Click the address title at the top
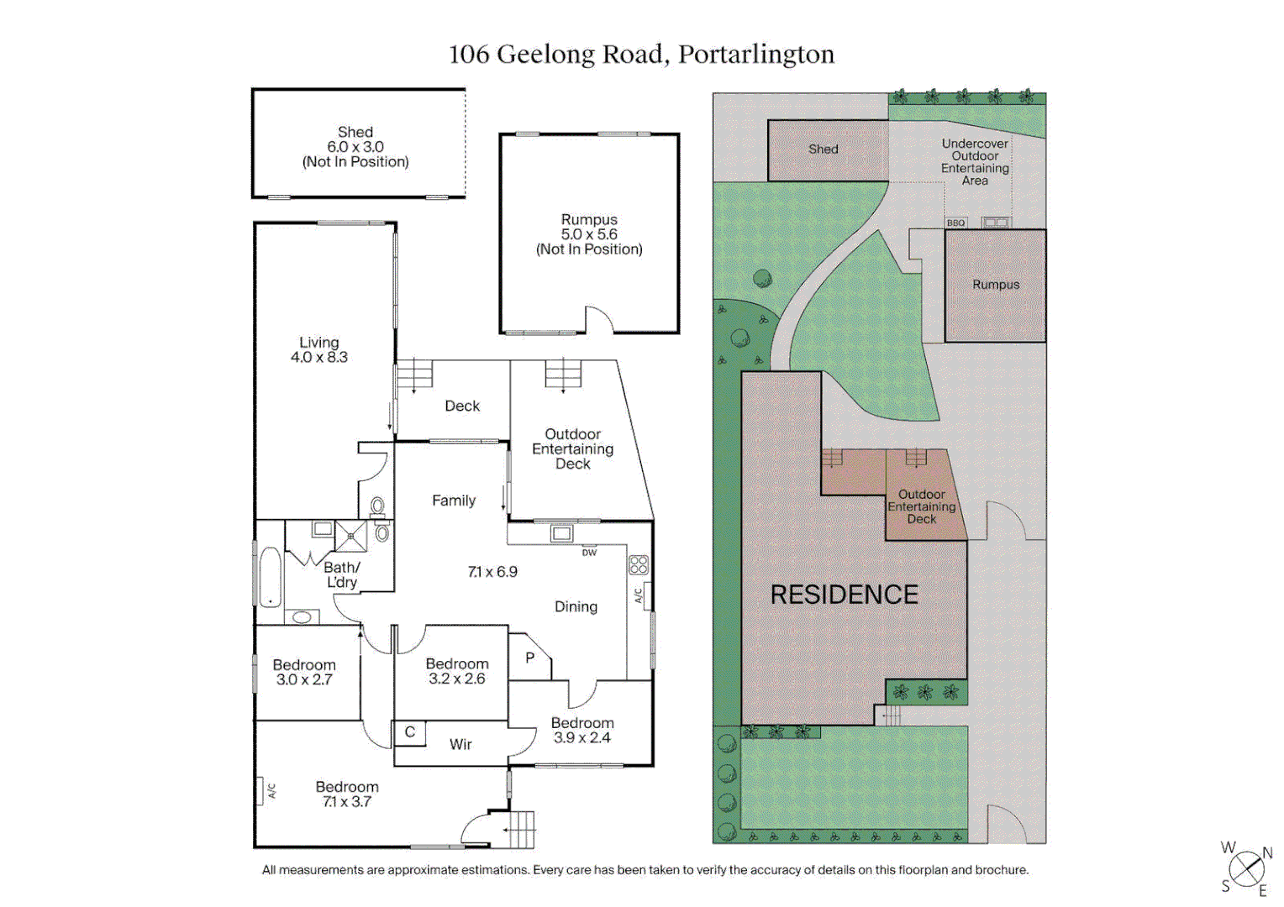(x=641, y=55)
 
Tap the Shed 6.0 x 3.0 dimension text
(x=355, y=147)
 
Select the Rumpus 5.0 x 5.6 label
(x=589, y=234)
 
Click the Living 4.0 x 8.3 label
(x=319, y=350)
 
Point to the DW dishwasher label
(x=589, y=553)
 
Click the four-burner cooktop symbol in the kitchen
(x=639, y=565)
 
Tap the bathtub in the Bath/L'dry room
(x=270, y=577)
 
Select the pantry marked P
(x=529, y=658)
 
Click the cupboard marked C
(x=410, y=732)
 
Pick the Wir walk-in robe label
(x=460, y=745)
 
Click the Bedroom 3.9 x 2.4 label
(x=582, y=731)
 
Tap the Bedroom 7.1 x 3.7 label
(x=347, y=794)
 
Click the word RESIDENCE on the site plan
(x=845, y=595)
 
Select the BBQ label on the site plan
(x=955, y=223)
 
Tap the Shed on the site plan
(x=824, y=149)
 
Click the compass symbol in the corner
(x=1246, y=868)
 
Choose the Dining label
(x=576, y=607)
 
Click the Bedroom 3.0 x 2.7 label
(x=304, y=673)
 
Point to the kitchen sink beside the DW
(x=561, y=533)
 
